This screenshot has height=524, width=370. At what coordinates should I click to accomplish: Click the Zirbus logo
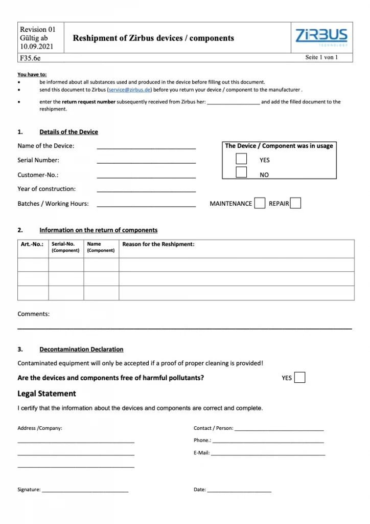[321, 37]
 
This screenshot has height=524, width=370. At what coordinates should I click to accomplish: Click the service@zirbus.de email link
[129, 90]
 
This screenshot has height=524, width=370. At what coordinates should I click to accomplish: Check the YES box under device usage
[241, 159]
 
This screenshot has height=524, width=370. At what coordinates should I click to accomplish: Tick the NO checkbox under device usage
[241, 172]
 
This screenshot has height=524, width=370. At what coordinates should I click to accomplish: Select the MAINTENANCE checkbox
[260, 203]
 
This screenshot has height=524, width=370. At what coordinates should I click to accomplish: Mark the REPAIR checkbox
[295, 203]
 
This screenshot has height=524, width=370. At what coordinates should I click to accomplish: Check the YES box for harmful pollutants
[300, 378]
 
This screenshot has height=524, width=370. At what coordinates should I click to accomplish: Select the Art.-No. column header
[32, 245]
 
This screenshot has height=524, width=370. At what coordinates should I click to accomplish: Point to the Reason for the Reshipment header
[158, 245]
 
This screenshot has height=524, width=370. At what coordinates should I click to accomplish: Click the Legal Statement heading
[47, 394]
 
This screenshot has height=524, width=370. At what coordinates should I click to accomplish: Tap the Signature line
[85, 491]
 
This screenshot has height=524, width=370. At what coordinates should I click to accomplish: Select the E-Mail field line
[268, 454]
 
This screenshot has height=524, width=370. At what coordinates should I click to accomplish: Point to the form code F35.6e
[30, 58]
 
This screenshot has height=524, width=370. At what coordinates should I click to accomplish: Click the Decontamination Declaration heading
[81, 350]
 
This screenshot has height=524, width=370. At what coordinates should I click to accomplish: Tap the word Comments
[33, 314]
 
